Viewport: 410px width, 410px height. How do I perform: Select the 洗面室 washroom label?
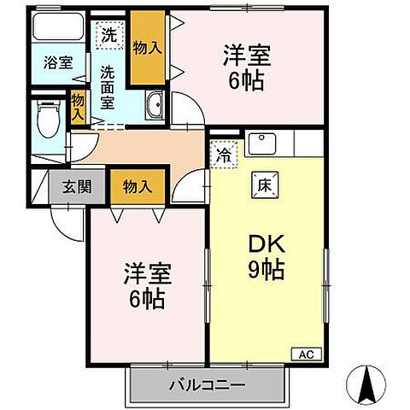(x=108, y=86)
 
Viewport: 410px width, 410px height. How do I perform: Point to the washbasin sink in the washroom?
(x=155, y=106)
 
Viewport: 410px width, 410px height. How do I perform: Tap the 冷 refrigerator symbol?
(x=223, y=156)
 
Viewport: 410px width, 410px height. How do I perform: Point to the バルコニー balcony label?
(x=206, y=382)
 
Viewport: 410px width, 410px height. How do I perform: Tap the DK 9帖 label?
(x=265, y=258)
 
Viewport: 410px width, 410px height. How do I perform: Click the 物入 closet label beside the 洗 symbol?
(x=149, y=47)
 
